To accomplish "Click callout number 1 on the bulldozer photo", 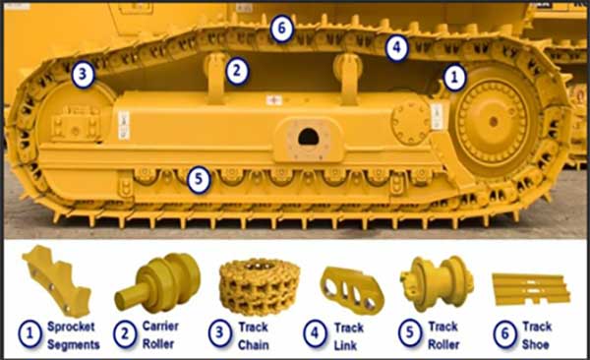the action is [455, 77].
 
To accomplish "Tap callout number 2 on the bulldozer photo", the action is [237, 71].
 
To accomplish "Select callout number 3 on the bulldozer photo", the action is [83, 75].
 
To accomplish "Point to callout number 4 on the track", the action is [397, 48].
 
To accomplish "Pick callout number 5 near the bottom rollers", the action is [199, 180].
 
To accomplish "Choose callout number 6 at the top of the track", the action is [281, 28].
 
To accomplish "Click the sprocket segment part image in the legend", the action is [57, 280].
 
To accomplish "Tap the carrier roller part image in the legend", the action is [157, 283].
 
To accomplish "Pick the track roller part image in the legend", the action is [437, 283].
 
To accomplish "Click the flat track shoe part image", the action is [531, 289].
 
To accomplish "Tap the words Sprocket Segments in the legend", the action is [74, 335].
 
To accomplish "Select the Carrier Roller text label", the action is [160, 334].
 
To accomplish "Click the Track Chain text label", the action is [254, 335].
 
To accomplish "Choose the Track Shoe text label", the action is [537, 335].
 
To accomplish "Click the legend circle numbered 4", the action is [315, 333].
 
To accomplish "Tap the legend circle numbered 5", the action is [409, 333].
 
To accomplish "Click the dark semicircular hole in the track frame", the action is [308, 137].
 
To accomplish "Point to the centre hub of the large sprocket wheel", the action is [494, 121].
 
